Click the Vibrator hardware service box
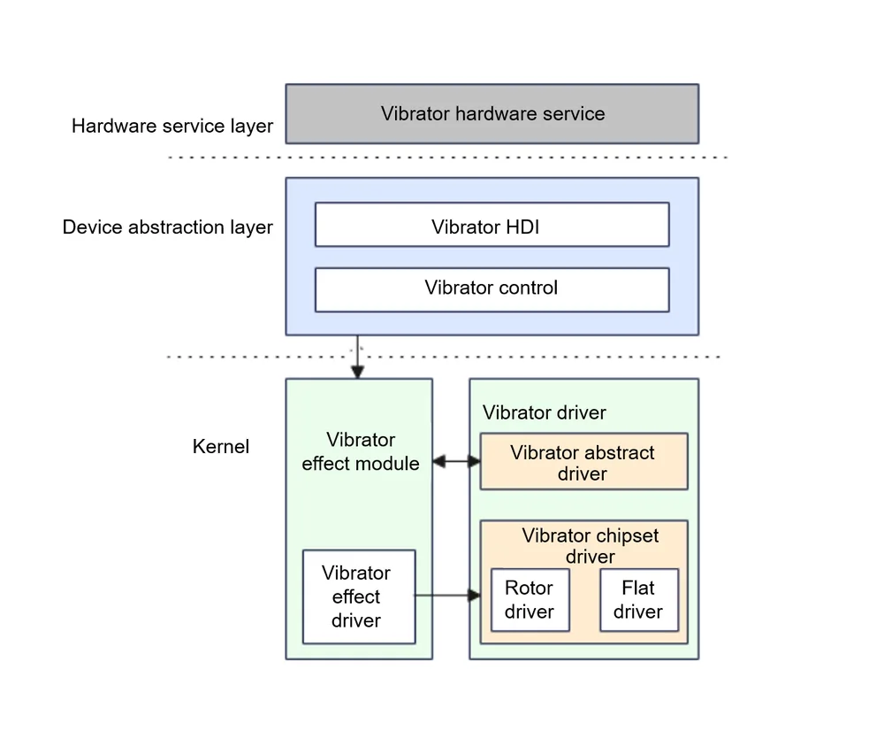(492, 114)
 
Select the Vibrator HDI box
(492, 225)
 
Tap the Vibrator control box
(492, 290)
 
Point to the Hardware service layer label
(172, 126)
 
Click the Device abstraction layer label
(167, 227)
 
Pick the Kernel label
(220, 446)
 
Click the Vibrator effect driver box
(359, 597)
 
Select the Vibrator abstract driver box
(584, 462)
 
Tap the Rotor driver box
(530, 600)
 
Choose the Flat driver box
(639, 600)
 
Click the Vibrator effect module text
(361, 451)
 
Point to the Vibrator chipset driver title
(590, 546)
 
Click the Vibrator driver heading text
(544, 412)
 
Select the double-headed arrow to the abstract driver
(457, 462)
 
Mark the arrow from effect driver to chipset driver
(447, 595)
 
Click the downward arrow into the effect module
(357, 357)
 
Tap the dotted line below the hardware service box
(447, 158)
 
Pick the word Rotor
(529, 588)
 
